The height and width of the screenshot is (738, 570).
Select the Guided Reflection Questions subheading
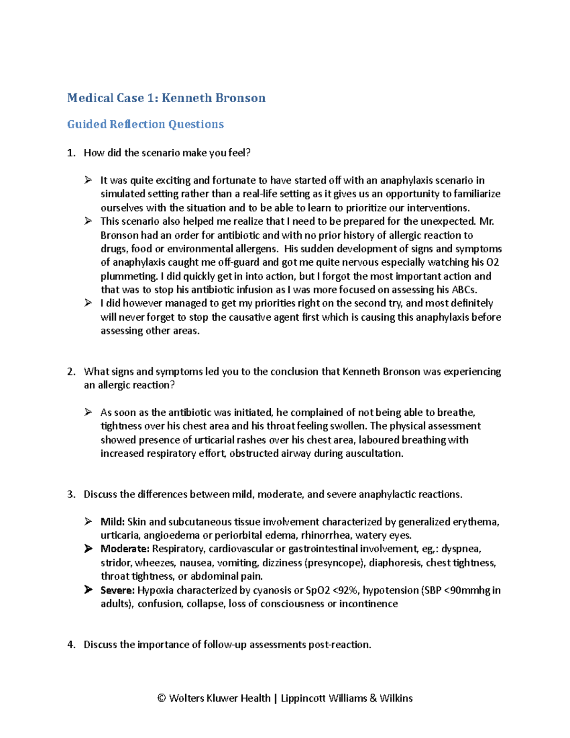coord(145,124)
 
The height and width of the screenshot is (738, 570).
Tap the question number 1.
coord(71,153)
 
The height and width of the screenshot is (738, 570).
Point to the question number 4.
coord(71,645)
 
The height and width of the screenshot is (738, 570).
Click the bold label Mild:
coord(113,522)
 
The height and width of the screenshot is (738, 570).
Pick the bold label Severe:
coord(118,590)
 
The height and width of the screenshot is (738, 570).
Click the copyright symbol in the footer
coord(161,698)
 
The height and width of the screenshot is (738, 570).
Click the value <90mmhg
coord(467,590)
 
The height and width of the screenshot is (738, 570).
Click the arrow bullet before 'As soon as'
coord(88,412)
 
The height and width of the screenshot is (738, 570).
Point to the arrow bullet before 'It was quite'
coord(88,180)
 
